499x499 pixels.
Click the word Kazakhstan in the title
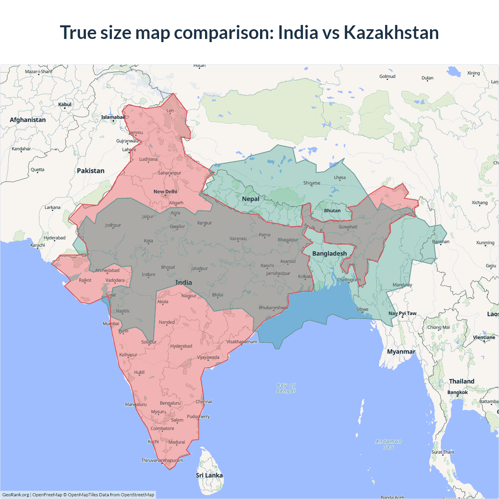pyautogui.click(x=391, y=32)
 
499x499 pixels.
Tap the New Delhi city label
pyautogui.click(x=165, y=191)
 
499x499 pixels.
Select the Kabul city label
pyautogui.click(x=65, y=104)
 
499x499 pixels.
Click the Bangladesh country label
pyautogui.click(x=329, y=253)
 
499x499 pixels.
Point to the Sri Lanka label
pyautogui.click(x=209, y=475)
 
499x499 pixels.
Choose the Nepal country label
pyautogui.click(x=250, y=199)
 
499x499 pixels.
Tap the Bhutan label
pyautogui.click(x=332, y=211)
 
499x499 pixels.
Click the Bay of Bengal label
pyautogui.click(x=286, y=388)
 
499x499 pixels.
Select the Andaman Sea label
pyautogui.click(x=389, y=444)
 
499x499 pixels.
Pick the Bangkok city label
pyautogui.click(x=457, y=392)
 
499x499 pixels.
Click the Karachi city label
pyautogui.click(x=38, y=245)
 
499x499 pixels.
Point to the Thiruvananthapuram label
pyautogui.click(x=162, y=460)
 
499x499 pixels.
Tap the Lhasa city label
pyautogui.click(x=340, y=177)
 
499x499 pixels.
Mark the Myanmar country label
pyautogui.click(x=401, y=352)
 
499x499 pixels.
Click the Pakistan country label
pyautogui.click(x=90, y=171)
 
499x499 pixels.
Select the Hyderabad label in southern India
pyautogui.click(x=181, y=346)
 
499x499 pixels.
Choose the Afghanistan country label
pyautogui.click(x=28, y=120)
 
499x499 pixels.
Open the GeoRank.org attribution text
pyautogui.click(x=16, y=495)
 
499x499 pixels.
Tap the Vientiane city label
pyautogui.click(x=484, y=338)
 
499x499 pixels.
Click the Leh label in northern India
pyautogui.click(x=170, y=111)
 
